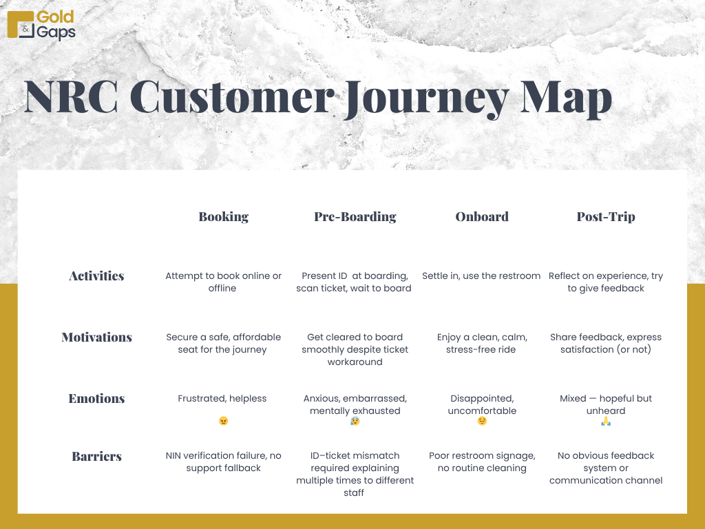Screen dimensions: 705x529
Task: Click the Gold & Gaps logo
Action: [x=41, y=25]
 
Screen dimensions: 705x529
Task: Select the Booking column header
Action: [x=224, y=217]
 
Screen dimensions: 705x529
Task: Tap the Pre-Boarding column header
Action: [x=355, y=217]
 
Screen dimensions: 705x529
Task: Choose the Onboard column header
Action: [x=482, y=217]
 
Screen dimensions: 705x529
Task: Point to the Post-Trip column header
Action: [x=606, y=217]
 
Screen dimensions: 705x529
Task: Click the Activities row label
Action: [x=96, y=276]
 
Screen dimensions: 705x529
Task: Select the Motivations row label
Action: [x=96, y=337]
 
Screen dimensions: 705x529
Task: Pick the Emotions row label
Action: [x=96, y=398]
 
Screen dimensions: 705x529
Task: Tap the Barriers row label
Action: [x=96, y=456]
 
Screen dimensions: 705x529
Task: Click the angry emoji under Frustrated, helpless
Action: [x=224, y=421]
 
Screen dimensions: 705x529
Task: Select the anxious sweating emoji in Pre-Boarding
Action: [x=355, y=421]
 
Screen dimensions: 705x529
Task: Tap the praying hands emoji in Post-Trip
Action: [x=606, y=421]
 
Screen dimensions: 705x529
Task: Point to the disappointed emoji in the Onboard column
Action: [x=482, y=421]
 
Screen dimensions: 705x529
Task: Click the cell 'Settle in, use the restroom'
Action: [x=481, y=276]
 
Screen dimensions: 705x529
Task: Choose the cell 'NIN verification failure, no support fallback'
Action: [x=224, y=462]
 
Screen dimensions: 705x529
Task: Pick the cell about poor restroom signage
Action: [x=482, y=462]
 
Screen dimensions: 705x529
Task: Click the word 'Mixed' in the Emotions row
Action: [x=573, y=399]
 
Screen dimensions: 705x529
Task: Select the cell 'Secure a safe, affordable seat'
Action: [x=224, y=343]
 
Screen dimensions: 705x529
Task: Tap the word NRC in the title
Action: [x=71, y=96]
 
